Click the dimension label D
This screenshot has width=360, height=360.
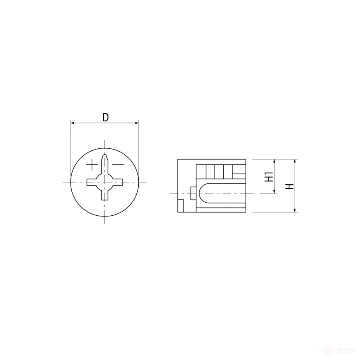(105, 117)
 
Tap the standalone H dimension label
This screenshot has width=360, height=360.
(289, 186)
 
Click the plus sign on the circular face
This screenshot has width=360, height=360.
(92, 164)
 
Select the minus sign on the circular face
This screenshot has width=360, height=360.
(118, 164)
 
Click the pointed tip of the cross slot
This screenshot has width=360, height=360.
(105, 155)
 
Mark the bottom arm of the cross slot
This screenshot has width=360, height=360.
(105, 195)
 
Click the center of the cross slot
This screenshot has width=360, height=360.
(105, 183)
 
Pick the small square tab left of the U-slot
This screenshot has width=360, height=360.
(193, 193)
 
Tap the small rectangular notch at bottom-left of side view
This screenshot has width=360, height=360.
(181, 206)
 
